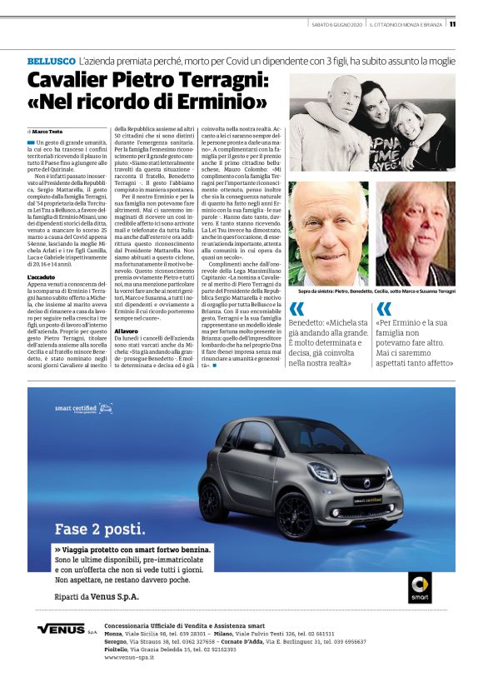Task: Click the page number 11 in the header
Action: (x=452, y=24)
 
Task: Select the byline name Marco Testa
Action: (x=49, y=132)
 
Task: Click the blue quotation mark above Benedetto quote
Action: (x=296, y=309)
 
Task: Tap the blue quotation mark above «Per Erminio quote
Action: (x=384, y=309)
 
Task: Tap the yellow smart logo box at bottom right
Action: (x=420, y=587)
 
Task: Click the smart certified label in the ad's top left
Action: (x=77, y=409)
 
